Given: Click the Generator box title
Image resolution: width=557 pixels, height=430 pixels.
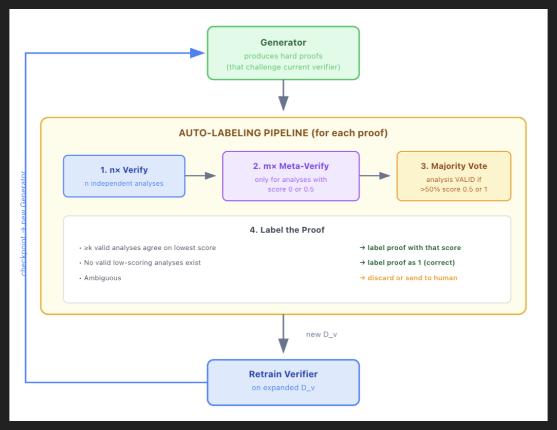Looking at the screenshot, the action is point(283,43).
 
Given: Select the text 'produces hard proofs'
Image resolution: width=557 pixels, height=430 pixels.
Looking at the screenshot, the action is point(283,56).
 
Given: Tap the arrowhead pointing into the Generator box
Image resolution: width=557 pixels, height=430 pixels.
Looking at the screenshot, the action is point(198,53).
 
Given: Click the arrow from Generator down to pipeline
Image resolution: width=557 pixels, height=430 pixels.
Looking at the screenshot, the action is point(283,95).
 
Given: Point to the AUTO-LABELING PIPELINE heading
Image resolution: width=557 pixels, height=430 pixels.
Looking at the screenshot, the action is point(283,133).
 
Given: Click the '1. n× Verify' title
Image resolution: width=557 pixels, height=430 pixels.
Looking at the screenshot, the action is point(124,170).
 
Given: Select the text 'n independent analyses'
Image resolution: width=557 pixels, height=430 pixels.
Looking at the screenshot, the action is point(124,183).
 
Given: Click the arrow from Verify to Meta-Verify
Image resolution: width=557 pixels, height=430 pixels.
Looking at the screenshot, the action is point(201,176).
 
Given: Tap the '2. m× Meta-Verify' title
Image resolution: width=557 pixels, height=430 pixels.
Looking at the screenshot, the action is point(291,166).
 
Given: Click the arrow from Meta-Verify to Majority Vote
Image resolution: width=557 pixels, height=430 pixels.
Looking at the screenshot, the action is point(375,176).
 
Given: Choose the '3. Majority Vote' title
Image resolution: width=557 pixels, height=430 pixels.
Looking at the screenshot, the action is point(454,166).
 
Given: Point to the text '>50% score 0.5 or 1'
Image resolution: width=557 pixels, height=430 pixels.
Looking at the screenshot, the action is point(454,189).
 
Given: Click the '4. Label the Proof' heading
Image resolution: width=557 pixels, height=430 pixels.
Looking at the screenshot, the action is point(287,230).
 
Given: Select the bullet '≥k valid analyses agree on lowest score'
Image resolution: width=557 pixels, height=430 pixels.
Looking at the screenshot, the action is point(148,248).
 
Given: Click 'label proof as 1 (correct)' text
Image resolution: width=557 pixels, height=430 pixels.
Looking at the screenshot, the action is point(407,263).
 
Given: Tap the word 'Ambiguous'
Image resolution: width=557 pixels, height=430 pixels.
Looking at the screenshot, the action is point(102,278).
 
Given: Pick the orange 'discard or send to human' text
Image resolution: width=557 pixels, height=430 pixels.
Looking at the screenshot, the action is point(408,278).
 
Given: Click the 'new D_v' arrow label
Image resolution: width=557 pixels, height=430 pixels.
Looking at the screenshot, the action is point(321,335).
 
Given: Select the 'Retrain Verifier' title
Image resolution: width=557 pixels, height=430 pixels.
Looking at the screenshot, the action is point(283,374).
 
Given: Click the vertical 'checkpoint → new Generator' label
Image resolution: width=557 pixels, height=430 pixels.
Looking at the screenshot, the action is point(23,224).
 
